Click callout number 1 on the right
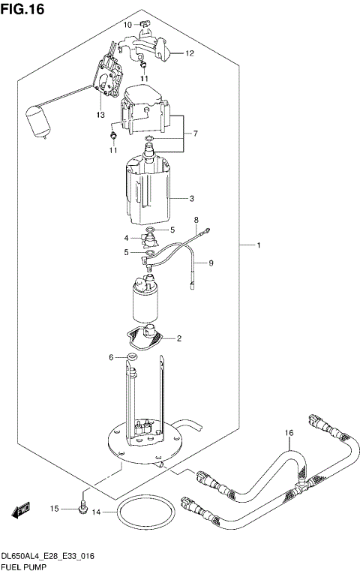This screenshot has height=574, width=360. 259,245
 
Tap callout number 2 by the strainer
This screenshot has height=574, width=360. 180,338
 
